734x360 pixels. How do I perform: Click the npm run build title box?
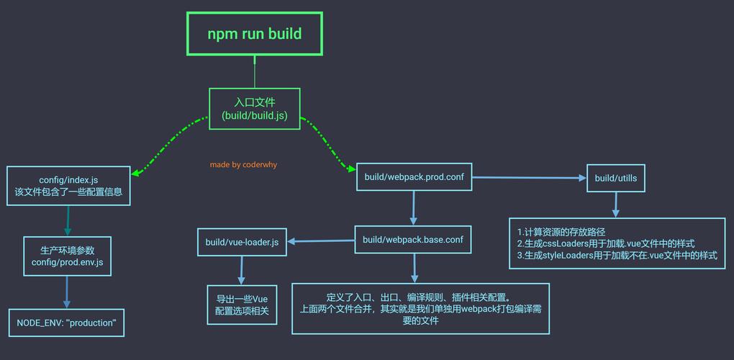click(254, 34)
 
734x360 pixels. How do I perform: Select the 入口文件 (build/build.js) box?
click(254, 109)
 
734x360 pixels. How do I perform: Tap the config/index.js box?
click(68, 186)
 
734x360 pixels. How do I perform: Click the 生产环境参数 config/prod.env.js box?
click(67, 256)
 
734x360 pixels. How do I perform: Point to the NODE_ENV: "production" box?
click(65, 323)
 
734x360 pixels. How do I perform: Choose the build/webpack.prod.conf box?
click(414, 176)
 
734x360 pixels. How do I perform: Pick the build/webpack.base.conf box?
click(412, 240)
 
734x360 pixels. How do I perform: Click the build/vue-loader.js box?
click(242, 242)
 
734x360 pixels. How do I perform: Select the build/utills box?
click(615, 177)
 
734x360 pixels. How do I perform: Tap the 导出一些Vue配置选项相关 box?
click(242, 305)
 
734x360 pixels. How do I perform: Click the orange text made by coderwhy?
click(243, 165)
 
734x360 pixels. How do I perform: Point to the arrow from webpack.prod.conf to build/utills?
click(529, 177)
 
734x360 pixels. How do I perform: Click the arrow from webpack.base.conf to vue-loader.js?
click(320, 240)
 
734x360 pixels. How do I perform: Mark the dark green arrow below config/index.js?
click(68, 221)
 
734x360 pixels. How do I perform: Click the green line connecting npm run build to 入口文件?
click(254, 72)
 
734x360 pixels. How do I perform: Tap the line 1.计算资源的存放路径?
click(561, 232)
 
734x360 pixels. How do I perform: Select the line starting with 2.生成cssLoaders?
click(606, 243)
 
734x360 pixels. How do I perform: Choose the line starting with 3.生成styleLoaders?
click(617, 255)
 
